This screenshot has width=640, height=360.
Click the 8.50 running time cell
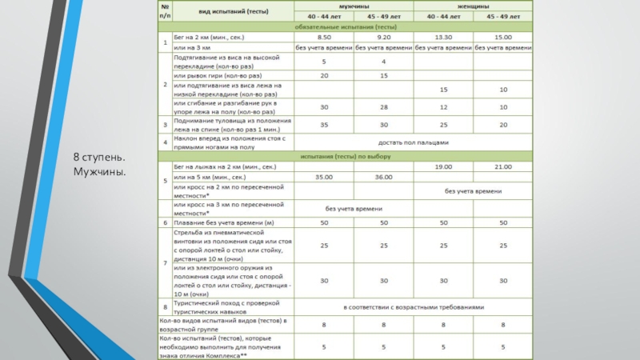tap(324, 38)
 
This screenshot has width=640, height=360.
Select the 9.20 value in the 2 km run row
tap(383, 38)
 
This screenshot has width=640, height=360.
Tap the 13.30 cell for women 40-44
tap(443, 38)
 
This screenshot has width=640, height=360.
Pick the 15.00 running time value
tap(502, 38)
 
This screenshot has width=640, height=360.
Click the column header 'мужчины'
tap(354, 6)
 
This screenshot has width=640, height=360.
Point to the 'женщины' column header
tap(473, 6)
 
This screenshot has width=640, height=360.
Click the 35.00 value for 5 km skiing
tap(324, 177)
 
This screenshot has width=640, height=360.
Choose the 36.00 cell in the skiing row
tap(383, 177)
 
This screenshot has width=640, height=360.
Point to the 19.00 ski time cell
tap(443, 166)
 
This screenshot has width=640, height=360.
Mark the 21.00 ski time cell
tap(502, 166)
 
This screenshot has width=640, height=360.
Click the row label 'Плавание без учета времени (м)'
tap(219, 222)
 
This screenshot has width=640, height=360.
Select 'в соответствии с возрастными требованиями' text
tap(414, 306)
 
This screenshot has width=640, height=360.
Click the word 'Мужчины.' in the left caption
tap(100, 172)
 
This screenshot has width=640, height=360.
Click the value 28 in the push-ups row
tap(383, 107)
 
